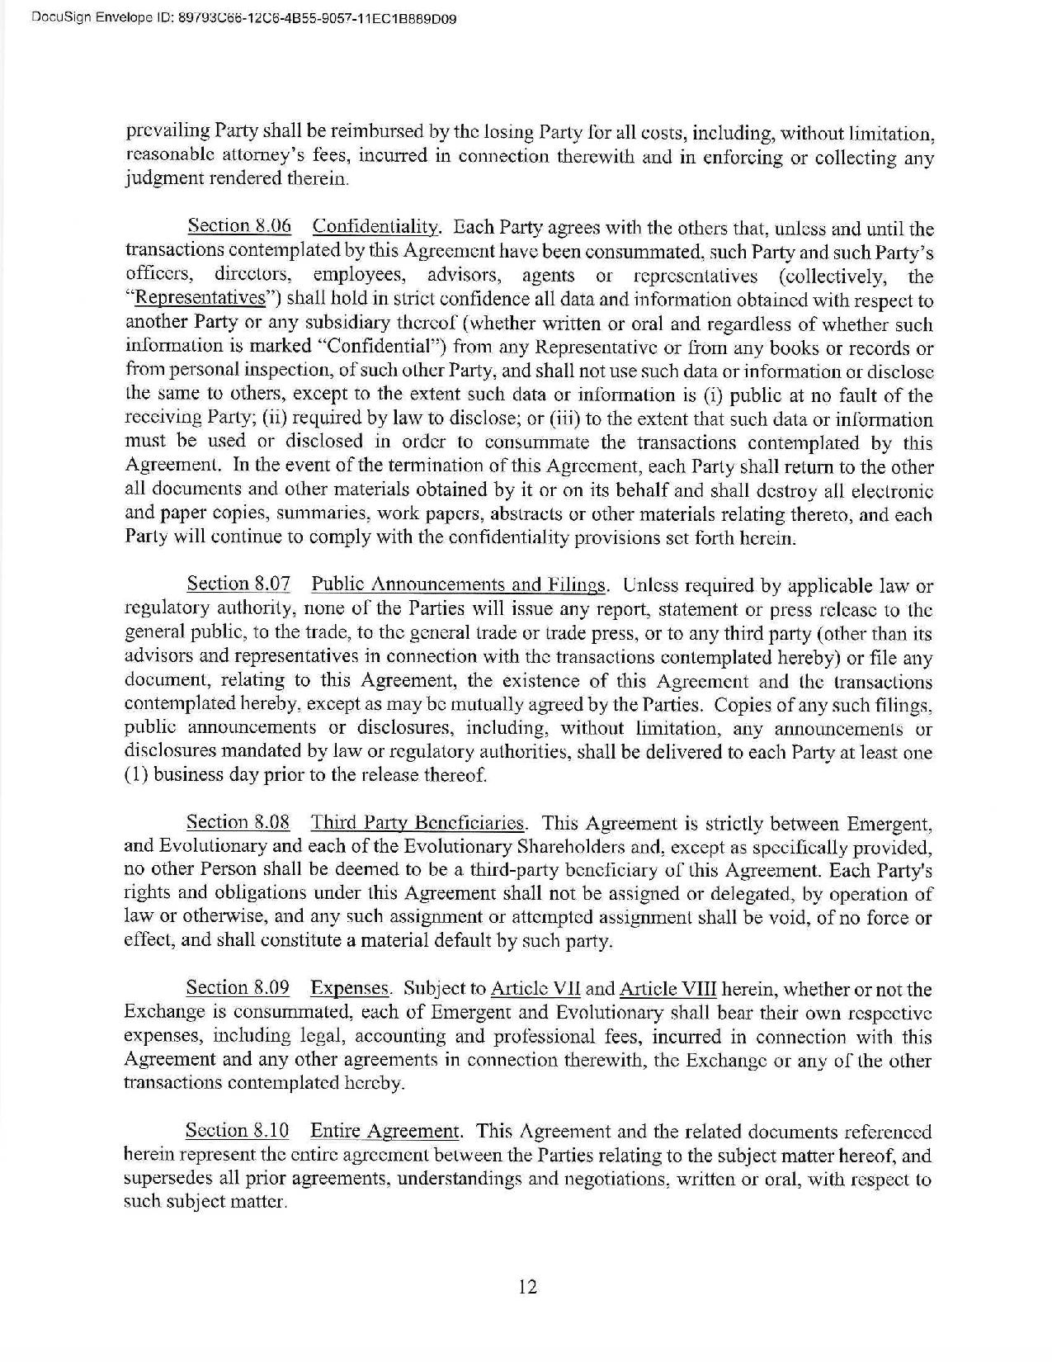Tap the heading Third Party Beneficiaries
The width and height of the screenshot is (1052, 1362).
[417, 822]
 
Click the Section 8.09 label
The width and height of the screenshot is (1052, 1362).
[238, 988]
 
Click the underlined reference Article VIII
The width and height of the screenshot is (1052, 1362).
[668, 989]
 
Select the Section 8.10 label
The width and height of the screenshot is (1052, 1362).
[238, 1131]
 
